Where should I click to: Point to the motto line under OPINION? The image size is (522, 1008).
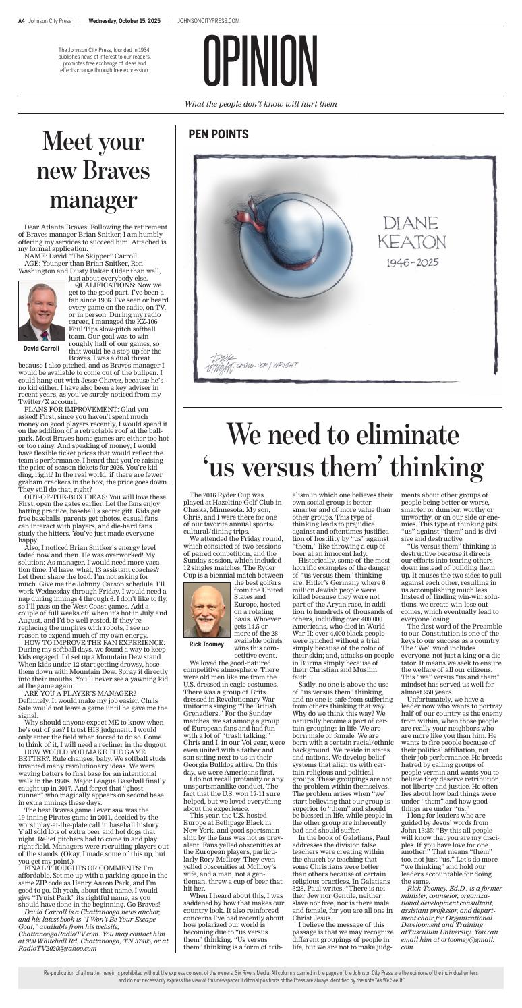click(x=261, y=103)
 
